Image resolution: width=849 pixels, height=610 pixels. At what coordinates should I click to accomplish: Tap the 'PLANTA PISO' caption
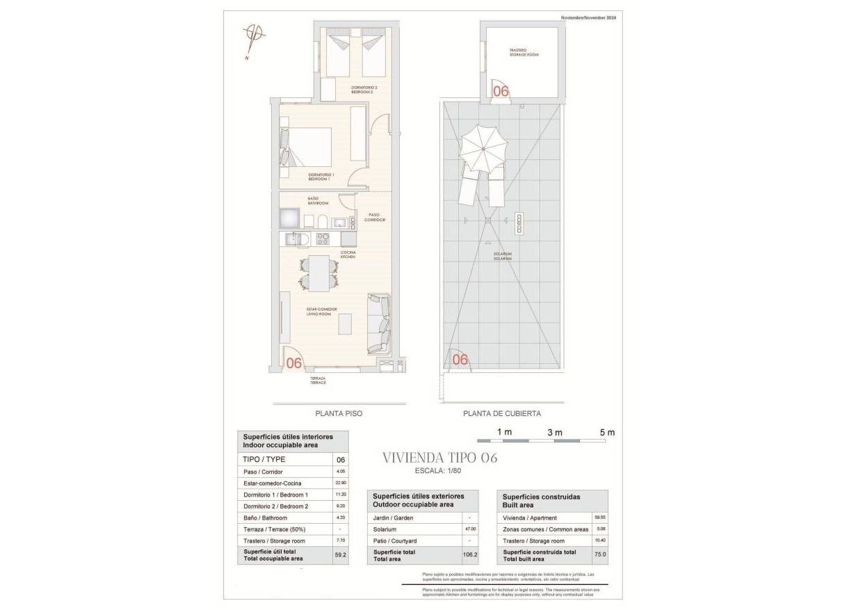339,413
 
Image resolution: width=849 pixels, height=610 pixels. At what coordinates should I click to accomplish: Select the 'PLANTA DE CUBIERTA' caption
502,413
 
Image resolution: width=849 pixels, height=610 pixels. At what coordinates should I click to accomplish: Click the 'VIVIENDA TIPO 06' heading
440,458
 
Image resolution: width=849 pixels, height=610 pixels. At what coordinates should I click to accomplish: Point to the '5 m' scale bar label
606,432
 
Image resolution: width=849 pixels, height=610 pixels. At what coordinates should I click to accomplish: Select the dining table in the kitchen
320,273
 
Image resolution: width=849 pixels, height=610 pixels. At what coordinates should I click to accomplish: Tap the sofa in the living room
380,323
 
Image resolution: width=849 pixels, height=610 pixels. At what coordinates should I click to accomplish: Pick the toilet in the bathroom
325,221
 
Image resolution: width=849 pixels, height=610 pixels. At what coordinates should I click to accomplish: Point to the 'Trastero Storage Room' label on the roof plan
523,52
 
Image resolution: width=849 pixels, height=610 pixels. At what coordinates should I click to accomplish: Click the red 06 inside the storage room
501,90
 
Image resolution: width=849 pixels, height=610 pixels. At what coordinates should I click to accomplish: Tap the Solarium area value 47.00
471,529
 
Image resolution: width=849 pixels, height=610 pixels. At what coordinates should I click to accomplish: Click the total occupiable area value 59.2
340,555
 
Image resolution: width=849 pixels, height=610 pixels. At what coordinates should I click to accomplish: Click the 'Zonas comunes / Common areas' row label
545,529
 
